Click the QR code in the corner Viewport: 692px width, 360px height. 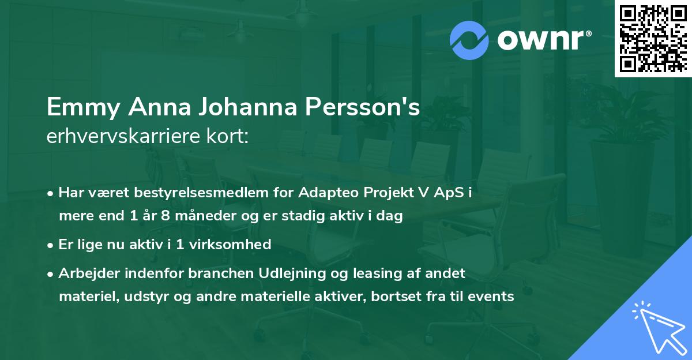click(653, 39)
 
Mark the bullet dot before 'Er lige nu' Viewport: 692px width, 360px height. click(51, 245)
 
